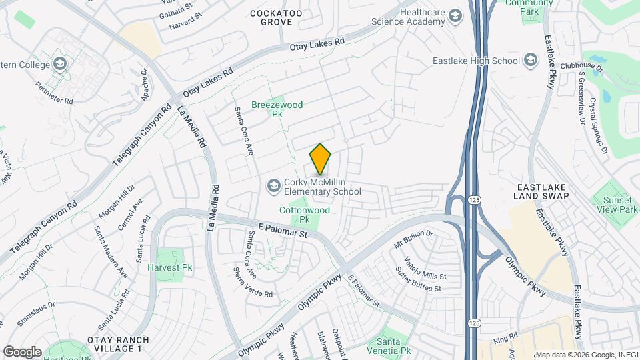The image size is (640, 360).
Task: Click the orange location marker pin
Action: (320, 159)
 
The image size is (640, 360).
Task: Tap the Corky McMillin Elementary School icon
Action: (274, 185)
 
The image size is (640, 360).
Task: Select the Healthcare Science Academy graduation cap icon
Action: (455, 16)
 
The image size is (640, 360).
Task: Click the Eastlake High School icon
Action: (531, 61)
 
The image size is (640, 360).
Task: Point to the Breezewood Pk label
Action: (277, 109)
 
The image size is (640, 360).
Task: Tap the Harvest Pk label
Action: (169, 267)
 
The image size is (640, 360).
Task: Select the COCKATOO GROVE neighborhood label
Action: (271, 17)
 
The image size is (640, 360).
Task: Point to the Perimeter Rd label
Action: (55, 96)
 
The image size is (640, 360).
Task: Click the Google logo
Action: (22, 351)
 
